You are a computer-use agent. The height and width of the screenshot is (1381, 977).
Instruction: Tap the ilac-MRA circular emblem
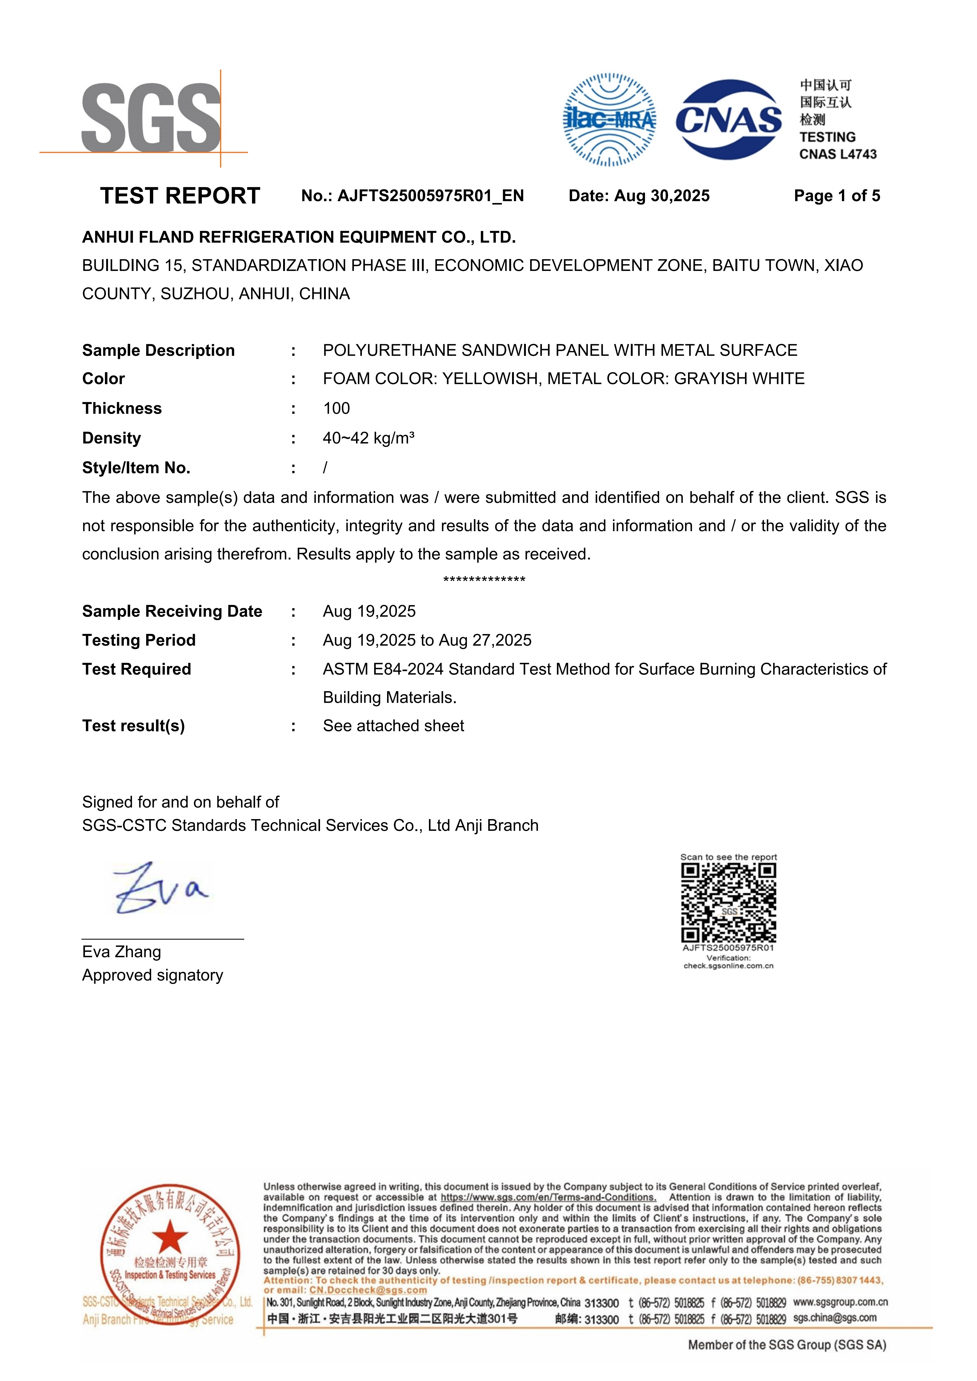coord(609,120)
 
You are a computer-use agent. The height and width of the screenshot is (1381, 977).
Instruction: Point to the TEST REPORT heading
coord(180,196)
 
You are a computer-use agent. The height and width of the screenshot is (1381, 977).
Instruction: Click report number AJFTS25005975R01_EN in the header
coord(430,196)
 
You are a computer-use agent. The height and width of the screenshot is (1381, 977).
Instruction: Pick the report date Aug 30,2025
coord(662,196)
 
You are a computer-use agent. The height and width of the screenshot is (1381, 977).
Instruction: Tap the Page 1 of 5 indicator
coord(836,196)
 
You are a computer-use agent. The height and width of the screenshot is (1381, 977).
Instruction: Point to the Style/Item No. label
coord(136,468)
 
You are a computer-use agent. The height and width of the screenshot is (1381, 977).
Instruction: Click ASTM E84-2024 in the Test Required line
coord(382,670)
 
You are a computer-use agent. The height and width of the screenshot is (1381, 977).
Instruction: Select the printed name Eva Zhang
coord(122,952)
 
